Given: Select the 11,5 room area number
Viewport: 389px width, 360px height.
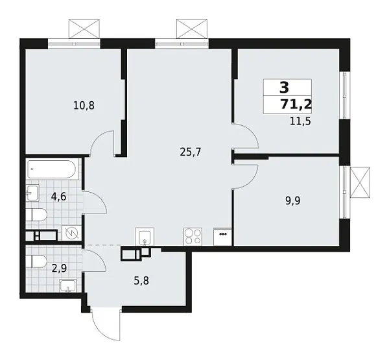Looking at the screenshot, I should (300, 121).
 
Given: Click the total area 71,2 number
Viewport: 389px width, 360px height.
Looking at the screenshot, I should (294, 105).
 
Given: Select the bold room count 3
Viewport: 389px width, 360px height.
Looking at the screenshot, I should (283, 88).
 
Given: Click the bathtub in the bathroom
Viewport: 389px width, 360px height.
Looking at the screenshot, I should (53, 171).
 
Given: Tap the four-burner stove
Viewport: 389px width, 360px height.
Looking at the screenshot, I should (193, 235).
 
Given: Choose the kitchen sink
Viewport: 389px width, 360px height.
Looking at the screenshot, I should (144, 236).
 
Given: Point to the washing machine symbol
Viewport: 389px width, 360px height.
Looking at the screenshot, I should (72, 234).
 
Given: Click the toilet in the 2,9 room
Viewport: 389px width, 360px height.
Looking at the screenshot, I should (38, 261).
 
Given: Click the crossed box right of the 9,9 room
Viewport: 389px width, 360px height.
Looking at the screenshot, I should (359, 181).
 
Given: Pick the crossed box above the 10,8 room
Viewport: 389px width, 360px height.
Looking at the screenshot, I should (85, 29).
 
